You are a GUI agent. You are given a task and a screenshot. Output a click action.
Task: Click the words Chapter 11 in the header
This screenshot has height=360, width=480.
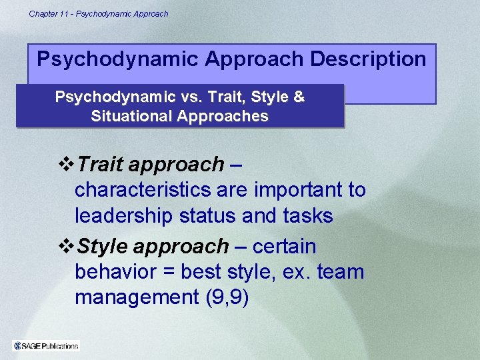[x=50, y=13]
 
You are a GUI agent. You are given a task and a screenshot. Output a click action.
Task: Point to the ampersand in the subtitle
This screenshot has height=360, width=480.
[x=299, y=97]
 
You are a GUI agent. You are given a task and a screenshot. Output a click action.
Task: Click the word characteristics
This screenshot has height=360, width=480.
[x=143, y=190]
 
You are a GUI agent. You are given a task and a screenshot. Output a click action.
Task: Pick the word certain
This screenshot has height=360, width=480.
[x=285, y=247]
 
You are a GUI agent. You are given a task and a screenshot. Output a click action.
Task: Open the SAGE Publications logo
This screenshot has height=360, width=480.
[x=46, y=345]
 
